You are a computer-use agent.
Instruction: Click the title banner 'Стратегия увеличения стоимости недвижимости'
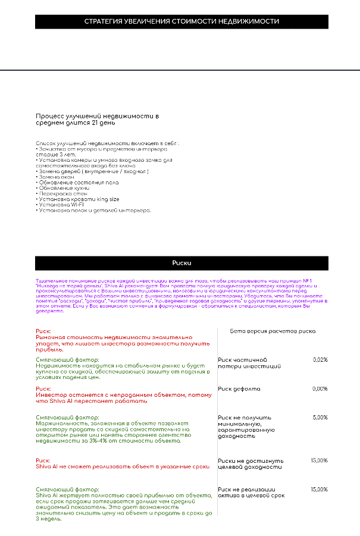[x=181, y=21]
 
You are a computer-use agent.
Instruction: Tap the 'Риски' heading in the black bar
[x=181, y=262]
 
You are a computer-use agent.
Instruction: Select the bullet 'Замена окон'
[x=57, y=177]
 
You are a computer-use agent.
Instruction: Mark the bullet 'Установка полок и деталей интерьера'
[x=94, y=210]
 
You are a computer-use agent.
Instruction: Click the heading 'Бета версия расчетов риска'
[x=273, y=331]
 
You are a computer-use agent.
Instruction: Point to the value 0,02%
[x=320, y=360]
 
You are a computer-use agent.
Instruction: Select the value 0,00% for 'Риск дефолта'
[x=320, y=389]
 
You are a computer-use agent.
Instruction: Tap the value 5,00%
[x=320, y=418]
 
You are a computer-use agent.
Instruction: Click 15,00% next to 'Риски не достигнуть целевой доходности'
[x=319, y=460]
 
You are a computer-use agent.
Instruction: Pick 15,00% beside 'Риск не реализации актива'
[x=319, y=490]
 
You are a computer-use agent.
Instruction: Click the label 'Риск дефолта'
[x=239, y=389]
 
